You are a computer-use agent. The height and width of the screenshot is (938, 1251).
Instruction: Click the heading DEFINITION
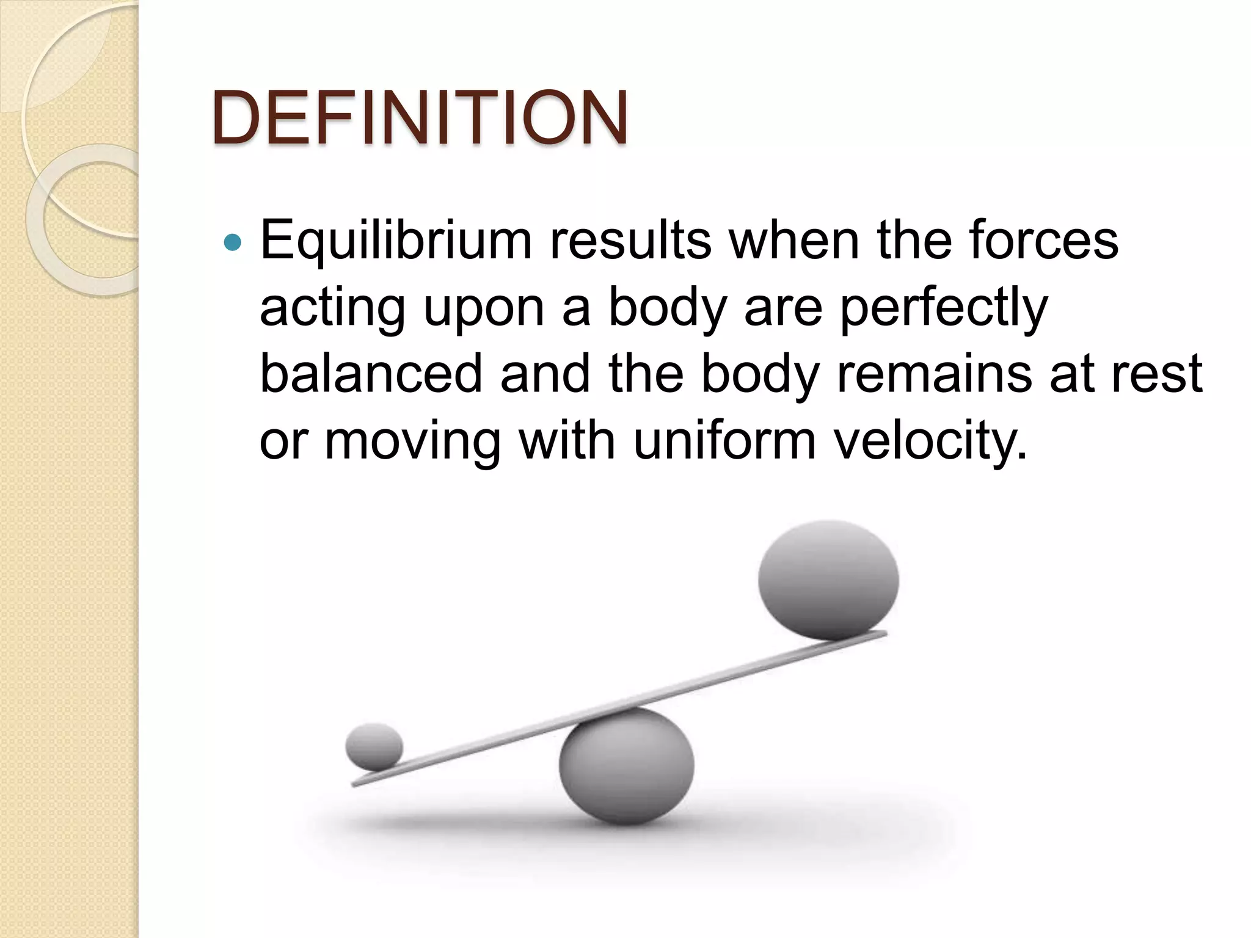pos(420,118)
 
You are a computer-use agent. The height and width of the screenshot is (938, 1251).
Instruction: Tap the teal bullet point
pos(233,242)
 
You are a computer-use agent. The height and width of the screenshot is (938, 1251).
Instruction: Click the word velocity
pos(930,442)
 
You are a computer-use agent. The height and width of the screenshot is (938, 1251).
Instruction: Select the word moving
pos(412,442)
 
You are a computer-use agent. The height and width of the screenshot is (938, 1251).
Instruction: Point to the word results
pos(630,240)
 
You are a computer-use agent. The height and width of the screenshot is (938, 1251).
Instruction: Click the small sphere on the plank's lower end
pos(374,746)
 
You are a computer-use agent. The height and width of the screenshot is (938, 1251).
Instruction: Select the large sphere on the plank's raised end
pos(828,579)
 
